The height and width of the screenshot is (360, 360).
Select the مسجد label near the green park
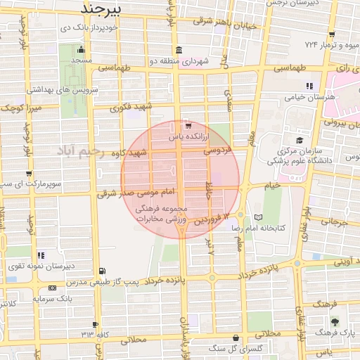[x=81, y=61]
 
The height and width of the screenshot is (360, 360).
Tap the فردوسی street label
[x=219, y=150]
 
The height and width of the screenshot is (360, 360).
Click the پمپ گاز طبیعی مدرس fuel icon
[x=103, y=271]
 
